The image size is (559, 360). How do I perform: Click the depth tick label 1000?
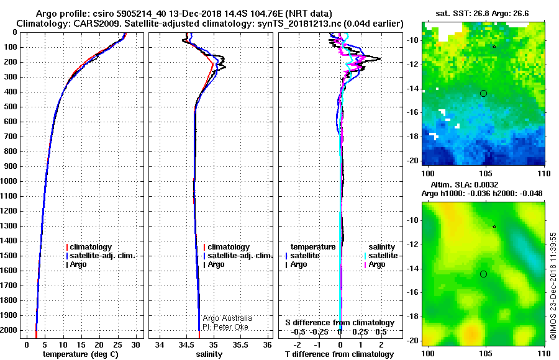point(9,181)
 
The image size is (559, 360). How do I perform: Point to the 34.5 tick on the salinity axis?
point(186,344)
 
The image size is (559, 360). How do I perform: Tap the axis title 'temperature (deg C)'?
point(81,354)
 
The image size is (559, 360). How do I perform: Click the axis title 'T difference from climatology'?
point(339,354)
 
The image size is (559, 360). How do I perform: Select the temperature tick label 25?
point(117,344)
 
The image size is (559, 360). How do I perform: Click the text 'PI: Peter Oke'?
point(225,327)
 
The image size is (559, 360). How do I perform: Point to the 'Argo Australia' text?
point(227,318)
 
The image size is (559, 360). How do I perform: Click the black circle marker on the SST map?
point(483,93)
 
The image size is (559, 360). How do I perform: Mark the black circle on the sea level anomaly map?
point(483,274)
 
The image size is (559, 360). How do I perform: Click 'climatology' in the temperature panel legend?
point(91,247)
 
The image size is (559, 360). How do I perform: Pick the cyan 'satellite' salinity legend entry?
point(383,256)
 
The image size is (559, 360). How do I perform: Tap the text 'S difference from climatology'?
point(340,323)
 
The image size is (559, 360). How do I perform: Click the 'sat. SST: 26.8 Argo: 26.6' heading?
point(482,14)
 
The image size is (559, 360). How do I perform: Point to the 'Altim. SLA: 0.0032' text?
point(465,184)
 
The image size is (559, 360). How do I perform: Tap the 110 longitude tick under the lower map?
point(544,354)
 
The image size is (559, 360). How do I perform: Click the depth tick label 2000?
point(9,330)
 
